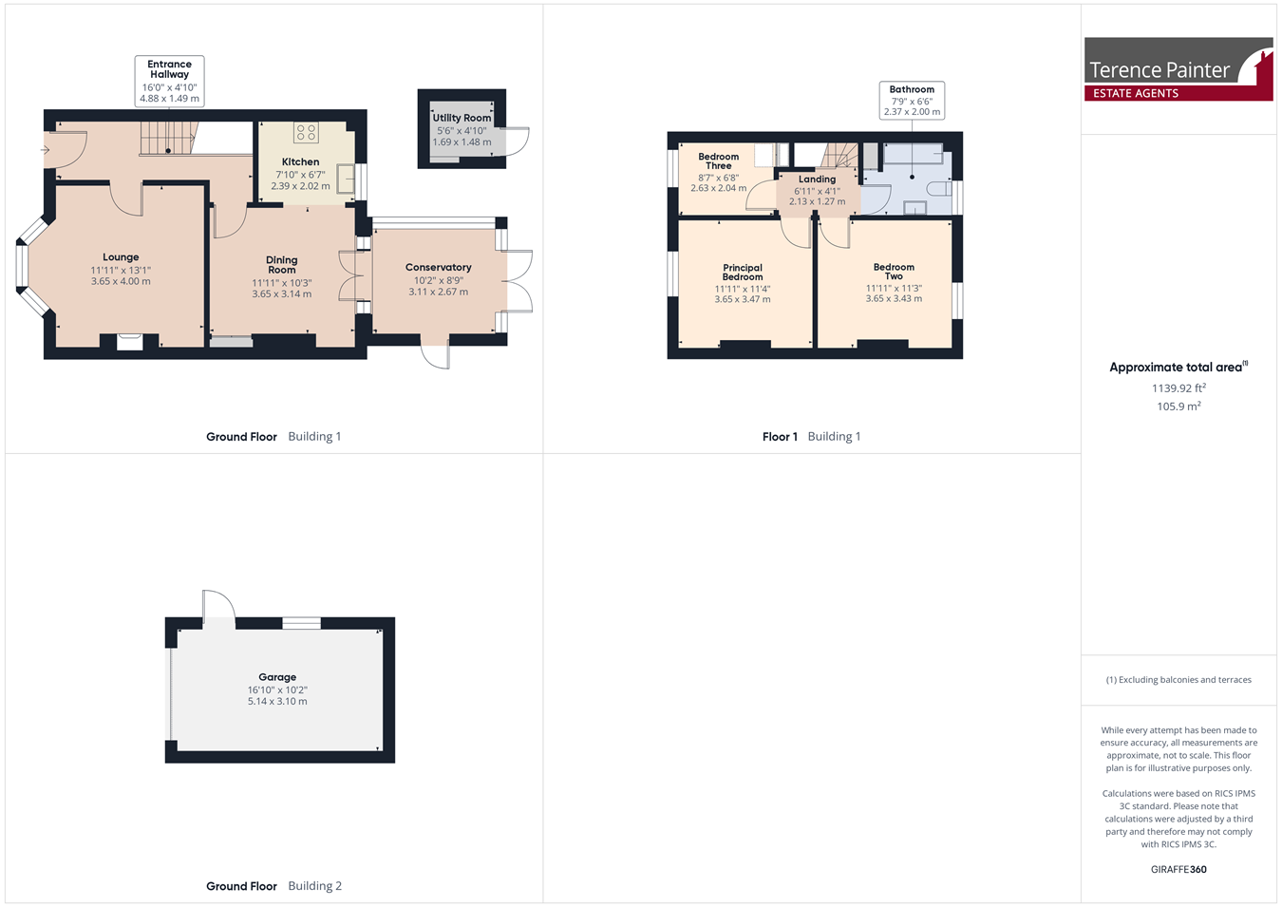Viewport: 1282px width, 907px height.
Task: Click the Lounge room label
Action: click(121, 257)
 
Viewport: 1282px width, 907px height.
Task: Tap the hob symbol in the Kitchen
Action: click(306, 133)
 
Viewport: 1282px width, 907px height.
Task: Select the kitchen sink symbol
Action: click(345, 178)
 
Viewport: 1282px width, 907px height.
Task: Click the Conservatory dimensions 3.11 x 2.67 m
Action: click(439, 292)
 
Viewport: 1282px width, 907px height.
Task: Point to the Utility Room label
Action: click(462, 118)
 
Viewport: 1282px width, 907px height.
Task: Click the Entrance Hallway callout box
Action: click(169, 82)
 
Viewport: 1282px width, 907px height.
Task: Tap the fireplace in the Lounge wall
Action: click(129, 342)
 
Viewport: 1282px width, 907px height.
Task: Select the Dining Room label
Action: click(282, 265)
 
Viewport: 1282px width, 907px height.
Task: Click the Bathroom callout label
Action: click(912, 89)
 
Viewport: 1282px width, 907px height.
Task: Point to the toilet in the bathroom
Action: click(937, 189)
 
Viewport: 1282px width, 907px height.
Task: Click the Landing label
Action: click(817, 180)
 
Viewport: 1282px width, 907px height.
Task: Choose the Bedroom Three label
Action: click(718, 161)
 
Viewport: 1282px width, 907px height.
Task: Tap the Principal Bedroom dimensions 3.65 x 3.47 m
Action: click(743, 299)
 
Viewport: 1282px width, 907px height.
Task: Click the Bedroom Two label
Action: click(894, 272)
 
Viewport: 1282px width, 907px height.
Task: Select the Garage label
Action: click(277, 677)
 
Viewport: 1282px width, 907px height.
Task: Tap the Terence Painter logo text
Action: click(1159, 70)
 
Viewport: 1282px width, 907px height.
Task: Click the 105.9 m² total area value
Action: click(1178, 406)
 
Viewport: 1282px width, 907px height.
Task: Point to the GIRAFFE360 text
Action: click(1178, 869)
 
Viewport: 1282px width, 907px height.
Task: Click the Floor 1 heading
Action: click(780, 437)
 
